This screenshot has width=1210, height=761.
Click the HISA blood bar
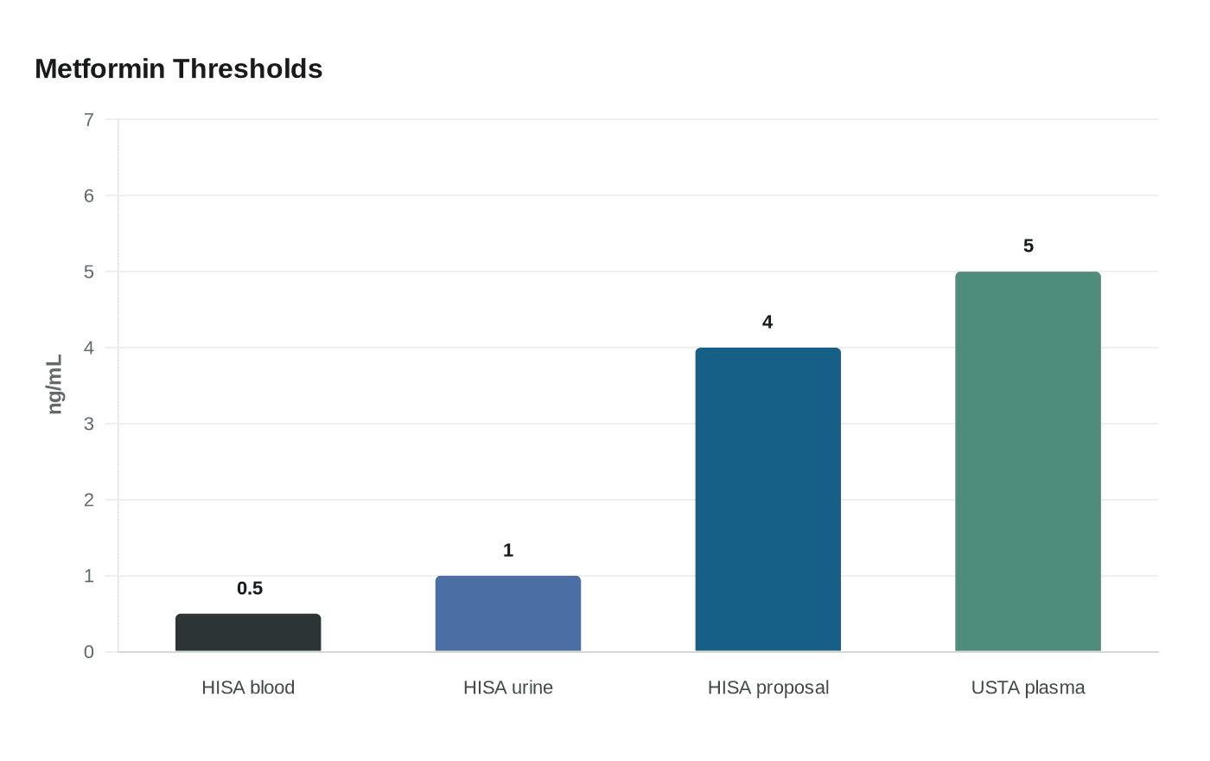tap(248, 632)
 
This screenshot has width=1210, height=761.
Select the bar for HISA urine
tap(508, 613)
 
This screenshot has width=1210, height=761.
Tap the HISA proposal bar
tap(768, 500)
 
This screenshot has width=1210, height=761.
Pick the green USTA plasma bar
tap(1028, 462)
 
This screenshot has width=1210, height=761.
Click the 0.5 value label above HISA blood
tap(250, 588)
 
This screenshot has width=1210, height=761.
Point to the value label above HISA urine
tap(508, 550)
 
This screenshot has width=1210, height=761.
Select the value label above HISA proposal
tap(767, 322)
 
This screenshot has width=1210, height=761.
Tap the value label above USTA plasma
tap(1028, 246)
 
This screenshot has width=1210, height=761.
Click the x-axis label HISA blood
tap(248, 687)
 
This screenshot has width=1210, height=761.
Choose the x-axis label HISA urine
tap(508, 687)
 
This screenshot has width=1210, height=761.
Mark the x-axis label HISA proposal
tap(768, 688)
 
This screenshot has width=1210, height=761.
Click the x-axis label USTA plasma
tap(1028, 688)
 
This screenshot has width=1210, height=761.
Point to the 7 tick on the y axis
tap(89, 119)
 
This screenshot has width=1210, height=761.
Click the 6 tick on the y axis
tap(89, 195)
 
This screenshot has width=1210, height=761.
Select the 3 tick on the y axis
tap(89, 424)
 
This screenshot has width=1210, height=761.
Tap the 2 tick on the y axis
tap(89, 500)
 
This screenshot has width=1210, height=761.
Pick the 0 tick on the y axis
tap(89, 652)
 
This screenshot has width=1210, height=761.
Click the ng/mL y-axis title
tap(55, 384)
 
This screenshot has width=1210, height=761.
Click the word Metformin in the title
tap(100, 68)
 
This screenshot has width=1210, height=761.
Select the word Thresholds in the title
tap(247, 68)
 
